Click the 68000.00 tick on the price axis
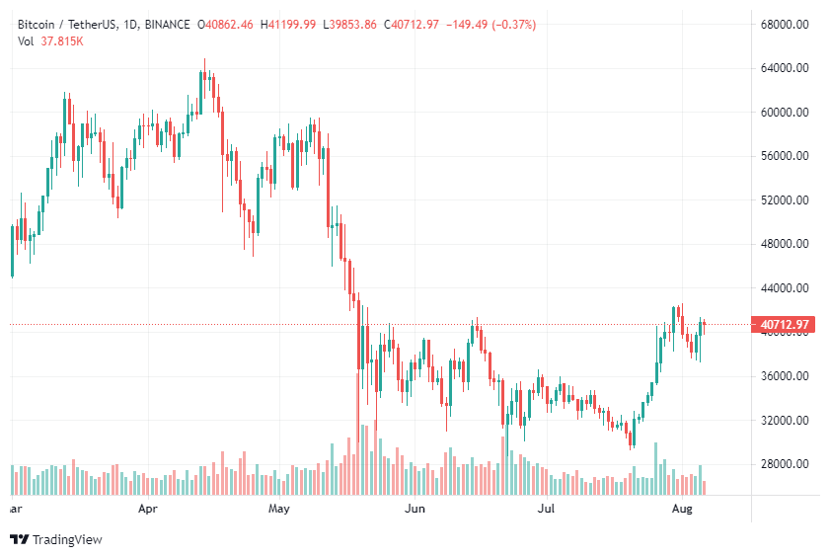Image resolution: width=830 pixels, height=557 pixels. tap(787, 24)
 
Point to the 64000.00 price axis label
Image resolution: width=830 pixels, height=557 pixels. tap(787, 68)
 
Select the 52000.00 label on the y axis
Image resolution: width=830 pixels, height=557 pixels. tap(787, 200)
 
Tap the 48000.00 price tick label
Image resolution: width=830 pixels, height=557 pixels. tap(787, 244)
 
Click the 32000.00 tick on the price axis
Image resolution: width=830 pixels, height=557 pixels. tap(787, 421)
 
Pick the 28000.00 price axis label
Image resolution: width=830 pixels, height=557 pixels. tap(787, 464)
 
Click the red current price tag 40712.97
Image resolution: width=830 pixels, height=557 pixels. tap(786, 324)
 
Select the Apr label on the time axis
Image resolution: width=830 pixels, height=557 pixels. tap(148, 510)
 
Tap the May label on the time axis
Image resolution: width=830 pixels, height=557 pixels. tap(279, 510)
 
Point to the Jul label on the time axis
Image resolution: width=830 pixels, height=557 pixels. tap(545, 510)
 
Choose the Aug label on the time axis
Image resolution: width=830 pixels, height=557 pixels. tap(681, 510)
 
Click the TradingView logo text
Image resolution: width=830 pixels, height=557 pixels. tap(67, 539)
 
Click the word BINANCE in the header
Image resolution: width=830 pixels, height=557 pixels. tap(168, 25)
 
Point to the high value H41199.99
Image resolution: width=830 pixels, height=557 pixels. tap(288, 25)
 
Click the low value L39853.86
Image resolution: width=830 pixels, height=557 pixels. tap(349, 25)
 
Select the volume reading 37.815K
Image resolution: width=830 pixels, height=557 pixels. tap(62, 40)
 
